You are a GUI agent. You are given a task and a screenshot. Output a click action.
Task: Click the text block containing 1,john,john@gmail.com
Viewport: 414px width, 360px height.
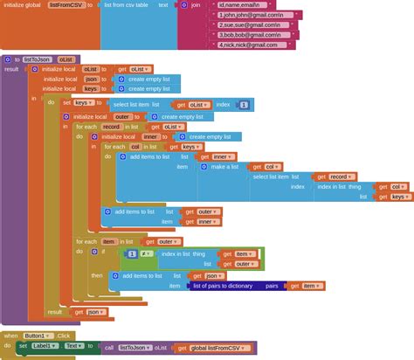coord(252,15)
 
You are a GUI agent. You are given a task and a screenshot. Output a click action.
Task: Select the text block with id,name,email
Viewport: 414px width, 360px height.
coord(250,4)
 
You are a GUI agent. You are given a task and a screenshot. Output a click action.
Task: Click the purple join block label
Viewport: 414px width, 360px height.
coord(197,4)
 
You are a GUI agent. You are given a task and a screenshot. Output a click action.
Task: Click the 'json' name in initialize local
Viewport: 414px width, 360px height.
coord(91,79)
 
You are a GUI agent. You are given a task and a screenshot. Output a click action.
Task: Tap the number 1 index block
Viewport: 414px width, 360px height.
coord(244,104)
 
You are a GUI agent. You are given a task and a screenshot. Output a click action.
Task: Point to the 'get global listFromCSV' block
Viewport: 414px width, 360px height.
coord(213,348)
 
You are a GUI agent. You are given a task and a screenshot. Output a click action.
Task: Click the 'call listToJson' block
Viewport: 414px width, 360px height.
coord(126,347)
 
